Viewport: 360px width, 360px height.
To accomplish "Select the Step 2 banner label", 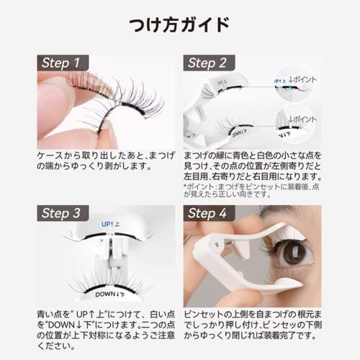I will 209,63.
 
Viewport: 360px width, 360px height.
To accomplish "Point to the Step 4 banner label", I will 209,213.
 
